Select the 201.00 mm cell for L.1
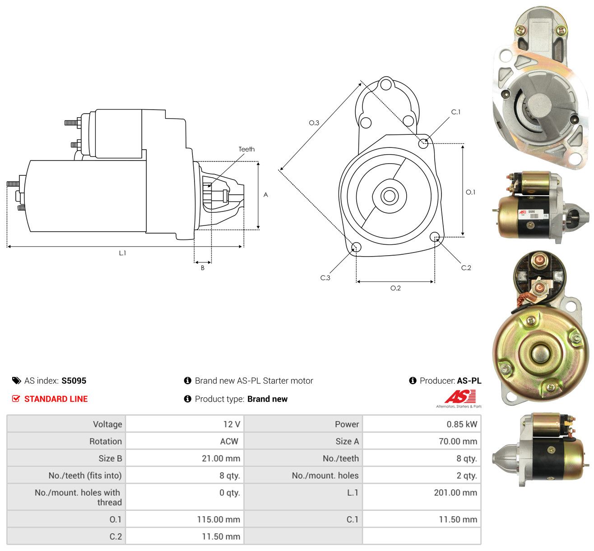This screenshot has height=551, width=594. point(455,492)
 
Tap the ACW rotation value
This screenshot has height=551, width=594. point(229,441)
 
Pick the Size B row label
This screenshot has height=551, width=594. point(111,459)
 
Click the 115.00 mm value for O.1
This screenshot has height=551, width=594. point(218,519)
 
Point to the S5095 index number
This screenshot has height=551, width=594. point(74,381)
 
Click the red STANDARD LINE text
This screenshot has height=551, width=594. point(56,399)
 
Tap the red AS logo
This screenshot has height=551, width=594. point(460,396)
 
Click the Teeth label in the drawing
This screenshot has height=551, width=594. point(246,149)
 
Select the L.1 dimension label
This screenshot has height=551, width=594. point(122,253)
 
